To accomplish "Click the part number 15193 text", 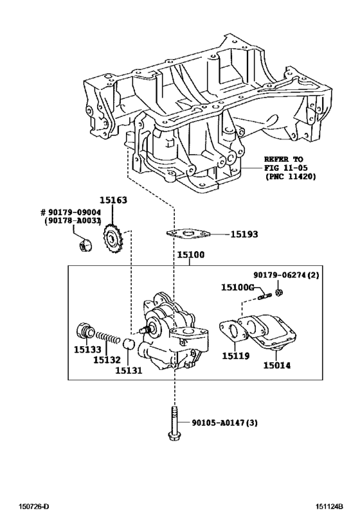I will [244, 235].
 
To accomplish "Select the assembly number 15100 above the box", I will [191, 256].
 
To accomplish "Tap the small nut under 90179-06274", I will [278, 294].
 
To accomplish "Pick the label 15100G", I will [238, 287].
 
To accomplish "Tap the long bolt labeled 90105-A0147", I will [174, 424].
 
